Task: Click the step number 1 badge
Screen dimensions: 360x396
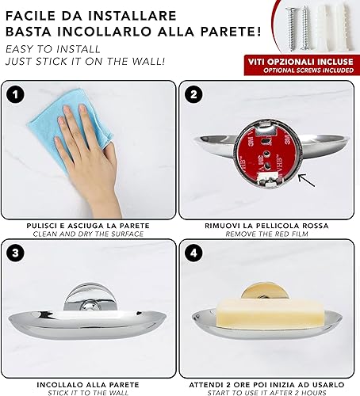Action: tap(15, 94)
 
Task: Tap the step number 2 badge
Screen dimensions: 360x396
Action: tap(193, 94)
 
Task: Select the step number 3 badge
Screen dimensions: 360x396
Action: tap(15, 253)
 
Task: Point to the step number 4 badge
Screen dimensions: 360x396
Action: tap(193, 253)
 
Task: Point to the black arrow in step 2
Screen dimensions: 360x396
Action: tap(306, 181)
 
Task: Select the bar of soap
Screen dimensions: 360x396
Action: tap(270, 312)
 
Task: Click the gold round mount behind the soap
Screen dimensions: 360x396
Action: tap(265, 291)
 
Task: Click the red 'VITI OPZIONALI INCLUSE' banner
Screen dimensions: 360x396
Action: tap(301, 65)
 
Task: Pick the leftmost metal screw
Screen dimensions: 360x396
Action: tap(290, 29)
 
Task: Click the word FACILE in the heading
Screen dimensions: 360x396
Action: tap(30, 16)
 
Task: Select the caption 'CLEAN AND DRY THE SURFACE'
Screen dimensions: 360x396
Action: tap(88, 234)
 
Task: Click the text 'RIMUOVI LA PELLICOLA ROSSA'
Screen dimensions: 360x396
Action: tap(266, 226)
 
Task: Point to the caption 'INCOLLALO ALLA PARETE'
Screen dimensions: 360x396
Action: tap(88, 385)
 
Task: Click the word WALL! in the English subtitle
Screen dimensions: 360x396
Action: tap(149, 61)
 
